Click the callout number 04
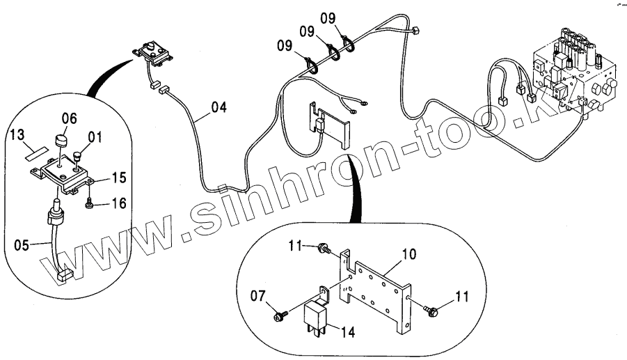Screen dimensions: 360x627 coord(219,108)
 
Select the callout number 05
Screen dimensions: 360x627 coord(23,244)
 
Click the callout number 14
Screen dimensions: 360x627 coord(347,333)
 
